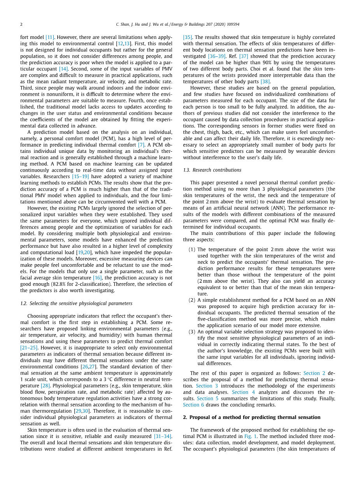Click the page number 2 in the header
pyautogui.click(x=21, y=25)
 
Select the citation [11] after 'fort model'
pyautogui.click(x=49, y=37)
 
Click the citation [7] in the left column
pyautogui.click(x=141, y=144)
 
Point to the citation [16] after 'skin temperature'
pyautogui.click(x=97, y=278)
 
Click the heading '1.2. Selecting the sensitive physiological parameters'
pyautogui.click(x=76, y=303)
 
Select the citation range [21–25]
pyautogui.click(x=29, y=348)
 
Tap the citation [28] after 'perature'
pyautogui.click(x=45, y=385)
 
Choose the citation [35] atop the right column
pyautogui.click(x=187, y=37)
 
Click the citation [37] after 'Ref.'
pyautogui.click(x=244, y=56)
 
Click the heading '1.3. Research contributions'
pyautogui.click(x=212, y=170)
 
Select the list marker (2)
pyautogui.click(x=192, y=300)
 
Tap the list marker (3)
pyautogui.click(x=192, y=332)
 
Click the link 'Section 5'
pyautogui.click(x=205, y=398)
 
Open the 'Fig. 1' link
pyautogui.click(x=251, y=436)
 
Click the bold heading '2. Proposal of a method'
pyautogui.click(x=252, y=417)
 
